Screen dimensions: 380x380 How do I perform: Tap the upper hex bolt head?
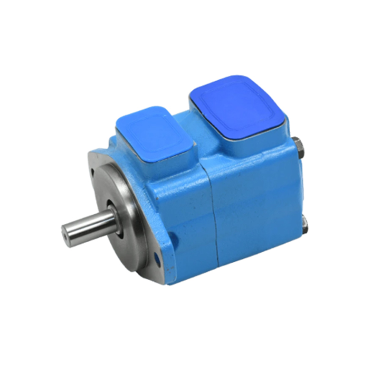tap(297, 145)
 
